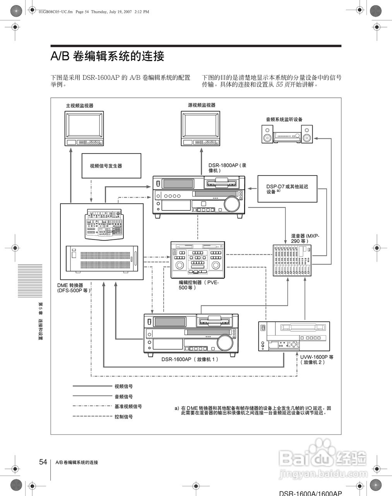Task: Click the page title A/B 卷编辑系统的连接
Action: point(108,56)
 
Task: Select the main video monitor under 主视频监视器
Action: point(84,128)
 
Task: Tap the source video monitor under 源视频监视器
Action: point(200,128)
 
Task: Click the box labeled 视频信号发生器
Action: point(111,166)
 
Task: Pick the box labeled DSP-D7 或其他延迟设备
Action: point(287,189)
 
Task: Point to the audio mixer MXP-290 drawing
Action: point(292,260)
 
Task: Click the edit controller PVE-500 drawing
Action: point(198,260)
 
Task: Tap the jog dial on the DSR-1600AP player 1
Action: point(224,343)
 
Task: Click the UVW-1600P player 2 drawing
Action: point(294,336)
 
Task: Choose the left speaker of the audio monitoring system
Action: point(267,134)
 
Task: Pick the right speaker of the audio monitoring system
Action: point(307,134)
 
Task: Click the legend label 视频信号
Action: point(123,386)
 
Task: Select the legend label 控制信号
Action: point(123,417)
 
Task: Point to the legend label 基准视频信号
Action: point(128,406)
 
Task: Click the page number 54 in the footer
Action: point(43,462)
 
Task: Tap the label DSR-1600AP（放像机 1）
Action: point(190,359)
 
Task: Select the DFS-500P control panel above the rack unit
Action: point(105,224)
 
